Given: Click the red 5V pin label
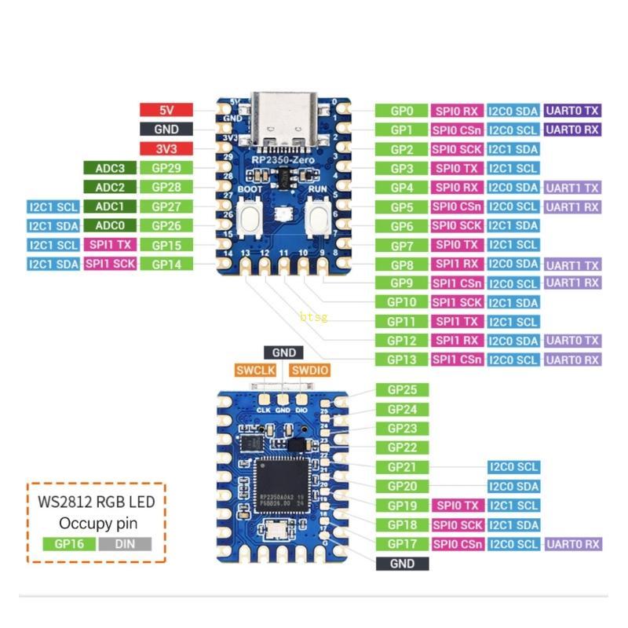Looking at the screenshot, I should pyautogui.click(x=166, y=111).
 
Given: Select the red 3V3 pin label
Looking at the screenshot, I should pyautogui.click(x=166, y=148).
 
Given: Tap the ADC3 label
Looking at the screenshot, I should pyautogui.click(x=111, y=168).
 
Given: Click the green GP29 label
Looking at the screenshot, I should pyautogui.click(x=166, y=168).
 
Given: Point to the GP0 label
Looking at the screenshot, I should pyautogui.click(x=400, y=111).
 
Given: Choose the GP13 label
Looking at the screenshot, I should pyautogui.click(x=400, y=360).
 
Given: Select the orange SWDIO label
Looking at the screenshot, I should pyautogui.click(x=308, y=371).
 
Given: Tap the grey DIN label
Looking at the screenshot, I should pyautogui.click(x=126, y=543).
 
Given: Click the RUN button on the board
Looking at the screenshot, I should pyautogui.click(x=319, y=215).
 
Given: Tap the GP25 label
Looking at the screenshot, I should pyautogui.click(x=402, y=390).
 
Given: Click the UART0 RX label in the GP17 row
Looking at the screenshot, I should pyautogui.click(x=573, y=544).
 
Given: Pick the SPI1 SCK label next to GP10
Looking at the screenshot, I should pyautogui.click(x=457, y=302).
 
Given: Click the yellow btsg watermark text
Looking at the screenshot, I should pyautogui.click(x=313, y=317).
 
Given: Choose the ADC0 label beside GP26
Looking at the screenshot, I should pyautogui.click(x=111, y=226).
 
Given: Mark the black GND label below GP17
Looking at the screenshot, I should pyautogui.click(x=402, y=564).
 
